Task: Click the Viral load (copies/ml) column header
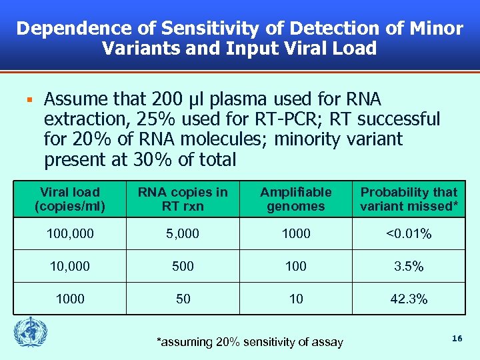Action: coord(70,199)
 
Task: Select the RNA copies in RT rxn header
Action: coord(183,199)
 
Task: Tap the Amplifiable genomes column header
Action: coord(295,199)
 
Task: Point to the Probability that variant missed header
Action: coord(409,199)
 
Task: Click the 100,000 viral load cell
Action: coord(70,234)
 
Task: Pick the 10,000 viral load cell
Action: coord(70,267)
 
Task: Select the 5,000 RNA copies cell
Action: coord(183,234)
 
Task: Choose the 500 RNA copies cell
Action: coord(183,267)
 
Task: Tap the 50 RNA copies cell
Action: coord(183,299)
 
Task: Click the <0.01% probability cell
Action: coord(409,234)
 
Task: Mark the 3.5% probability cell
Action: coord(409,267)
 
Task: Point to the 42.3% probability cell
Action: coord(409,299)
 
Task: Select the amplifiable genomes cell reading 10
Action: coord(295,299)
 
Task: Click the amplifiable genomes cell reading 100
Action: coord(295,267)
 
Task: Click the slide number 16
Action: coord(457,339)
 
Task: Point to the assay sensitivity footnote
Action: coord(249,342)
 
